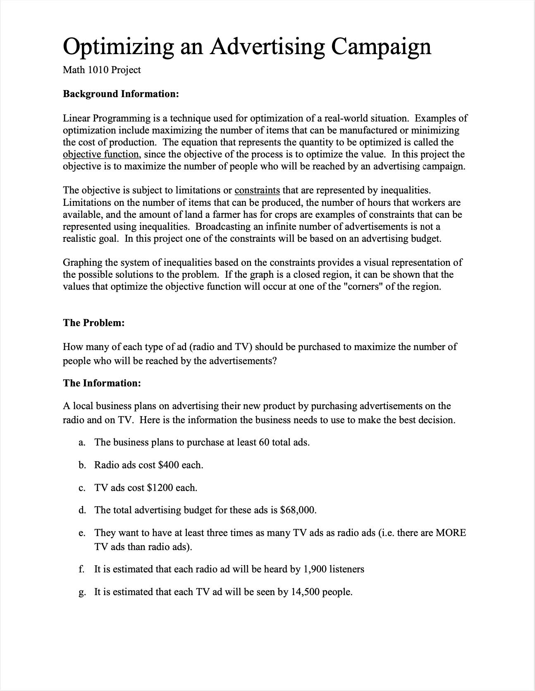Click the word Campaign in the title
point(380,46)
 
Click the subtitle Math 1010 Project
point(102,70)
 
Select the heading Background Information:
point(121,94)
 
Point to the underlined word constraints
point(257,190)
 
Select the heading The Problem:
point(94,323)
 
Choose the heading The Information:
point(102,383)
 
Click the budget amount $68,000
point(298,510)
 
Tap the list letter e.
point(81,533)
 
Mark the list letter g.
point(81,593)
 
